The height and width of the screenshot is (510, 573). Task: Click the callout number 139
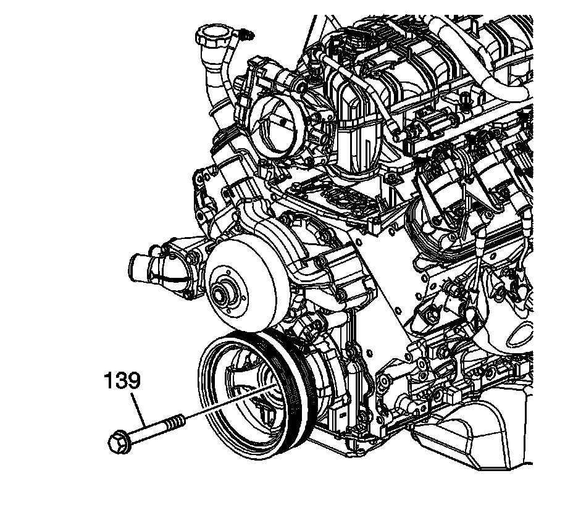click(x=122, y=381)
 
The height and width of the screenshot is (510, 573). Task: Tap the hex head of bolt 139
click(x=119, y=443)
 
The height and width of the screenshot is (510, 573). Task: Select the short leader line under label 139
click(x=139, y=408)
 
